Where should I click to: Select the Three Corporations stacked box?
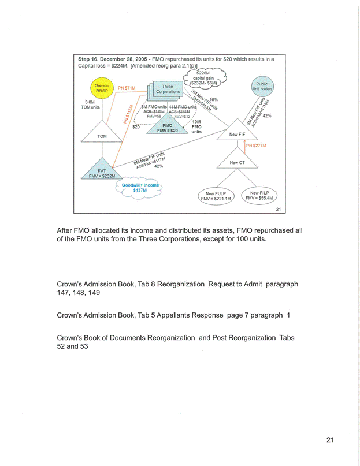click(167, 90)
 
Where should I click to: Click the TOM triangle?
click(102, 133)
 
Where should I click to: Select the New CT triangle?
click(237, 161)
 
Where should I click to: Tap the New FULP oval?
click(216, 196)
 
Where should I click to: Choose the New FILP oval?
click(259, 195)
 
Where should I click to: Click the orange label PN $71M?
click(127, 88)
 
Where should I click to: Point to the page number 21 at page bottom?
click(330, 441)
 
